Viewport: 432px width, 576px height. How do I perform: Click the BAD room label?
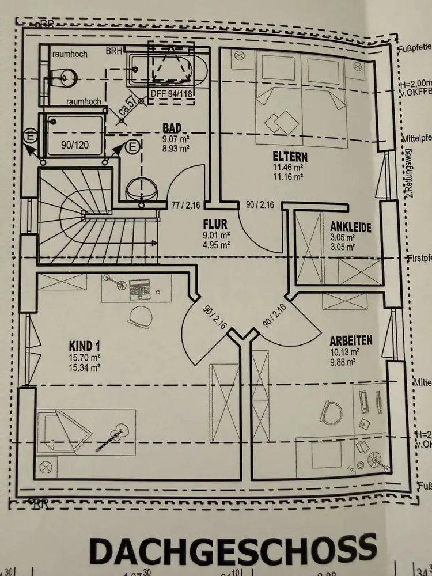coord(172,128)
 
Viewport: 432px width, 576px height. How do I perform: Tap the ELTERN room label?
coord(290,157)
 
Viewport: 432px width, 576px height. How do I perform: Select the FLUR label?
coord(215,223)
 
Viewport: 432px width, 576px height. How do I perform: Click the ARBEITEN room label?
coord(351,340)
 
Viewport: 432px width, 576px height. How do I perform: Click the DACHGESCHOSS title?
coord(233,551)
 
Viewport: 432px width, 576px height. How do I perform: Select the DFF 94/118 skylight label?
coord(171,94)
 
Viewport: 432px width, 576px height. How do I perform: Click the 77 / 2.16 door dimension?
coord(185,204)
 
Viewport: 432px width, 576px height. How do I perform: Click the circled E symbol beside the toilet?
coord(132,147)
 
